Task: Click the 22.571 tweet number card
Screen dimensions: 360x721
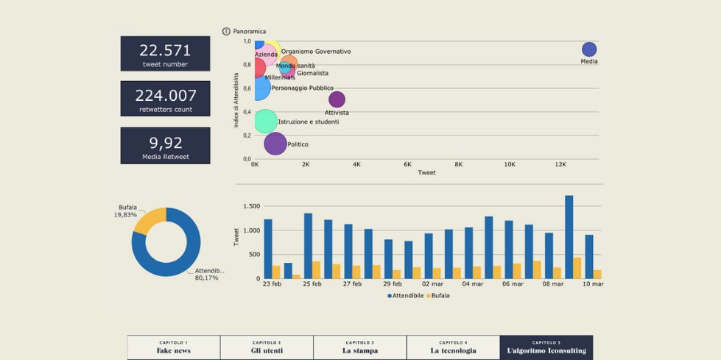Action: [165, 54]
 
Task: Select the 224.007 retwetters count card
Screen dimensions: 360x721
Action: [165, 99]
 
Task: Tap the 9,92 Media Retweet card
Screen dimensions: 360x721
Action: [165, 146]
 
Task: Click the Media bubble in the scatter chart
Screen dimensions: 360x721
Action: [589, 49]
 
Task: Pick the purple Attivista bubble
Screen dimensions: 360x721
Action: [337, 99]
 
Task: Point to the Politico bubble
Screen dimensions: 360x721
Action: [275, 144]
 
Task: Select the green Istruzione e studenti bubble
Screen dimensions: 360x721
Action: [265, 121]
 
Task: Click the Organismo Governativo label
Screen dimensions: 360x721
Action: [316, 52]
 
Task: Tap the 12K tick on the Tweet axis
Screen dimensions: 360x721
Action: [560, 165]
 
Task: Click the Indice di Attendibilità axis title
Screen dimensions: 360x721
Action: [236, 100]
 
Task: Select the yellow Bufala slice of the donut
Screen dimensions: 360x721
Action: [150, 219]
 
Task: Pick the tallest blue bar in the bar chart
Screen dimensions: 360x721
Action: [569, 236]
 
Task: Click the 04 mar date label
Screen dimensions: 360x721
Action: [473, 284]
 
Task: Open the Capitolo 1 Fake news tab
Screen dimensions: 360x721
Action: [174, 347]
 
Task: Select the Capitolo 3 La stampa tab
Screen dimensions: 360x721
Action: [359, 347]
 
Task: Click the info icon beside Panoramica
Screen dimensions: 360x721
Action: [226, 32]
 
